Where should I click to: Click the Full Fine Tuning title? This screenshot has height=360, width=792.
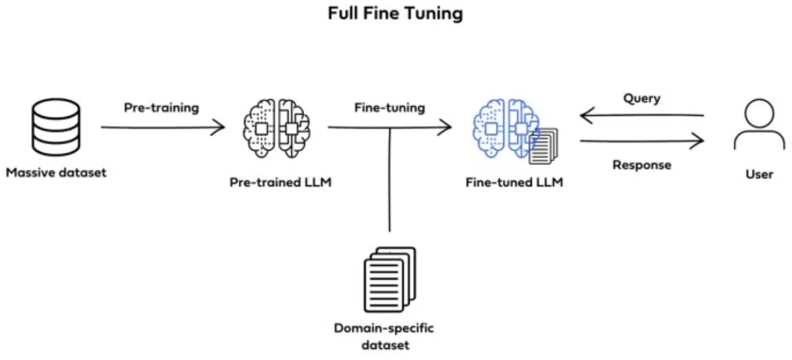pyautogui.click(x=395, y=13)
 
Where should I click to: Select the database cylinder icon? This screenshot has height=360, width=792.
pyautogui.click(x=56, y=127)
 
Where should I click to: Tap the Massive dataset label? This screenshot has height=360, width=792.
pyautogui.click(x=56, y=172)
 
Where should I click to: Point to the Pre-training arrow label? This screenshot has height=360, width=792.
pyautogui.click(x=161, y=108)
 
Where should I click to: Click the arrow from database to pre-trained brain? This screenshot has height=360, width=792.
pyautogui.click(x=162, y=128)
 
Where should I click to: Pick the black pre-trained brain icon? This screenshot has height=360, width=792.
pyautogui.click(x=277, y=128)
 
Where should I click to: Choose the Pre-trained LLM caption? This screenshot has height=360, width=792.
pyautogui.click(x=281, y=182)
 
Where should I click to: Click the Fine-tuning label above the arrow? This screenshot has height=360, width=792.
pyautogui.click(x=389, y=108)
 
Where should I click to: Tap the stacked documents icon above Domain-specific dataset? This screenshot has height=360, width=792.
pyautogui.click(x=389, y=279)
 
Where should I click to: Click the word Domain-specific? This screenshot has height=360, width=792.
pyautogui.click(x=384, y=328)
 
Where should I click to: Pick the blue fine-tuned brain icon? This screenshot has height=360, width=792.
pyautogui.click(x=505, y=127)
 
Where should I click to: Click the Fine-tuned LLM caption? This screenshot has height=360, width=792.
pyautogui.click(x=514, y=182)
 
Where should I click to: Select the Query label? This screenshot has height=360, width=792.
pyautogui.click(x=642, y=99)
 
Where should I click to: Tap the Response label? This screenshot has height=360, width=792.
pyautogui.click(x=642, y=165)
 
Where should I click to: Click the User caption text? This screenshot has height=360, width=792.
pyautogui.click(x=759, y=174)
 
